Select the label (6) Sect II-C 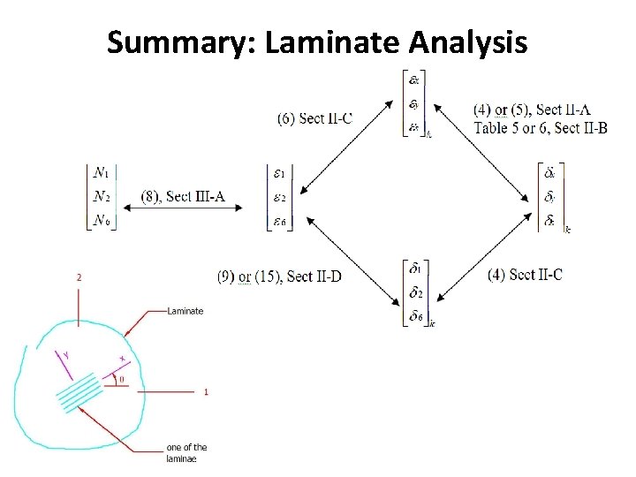(314, 118)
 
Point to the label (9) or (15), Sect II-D (279, 276)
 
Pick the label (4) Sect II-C (525, 275)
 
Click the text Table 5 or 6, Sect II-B (541, 128)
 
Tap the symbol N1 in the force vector (102, 172)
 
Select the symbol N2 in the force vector (102, 197)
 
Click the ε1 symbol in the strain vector (280, 173)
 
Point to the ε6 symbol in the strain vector (280, 221)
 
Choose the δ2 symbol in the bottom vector (414, 292)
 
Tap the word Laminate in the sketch (185, 311)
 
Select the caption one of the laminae (185, 452)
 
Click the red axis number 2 (79, 276)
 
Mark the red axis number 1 (206, 391)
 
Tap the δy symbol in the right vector (549, 197)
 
